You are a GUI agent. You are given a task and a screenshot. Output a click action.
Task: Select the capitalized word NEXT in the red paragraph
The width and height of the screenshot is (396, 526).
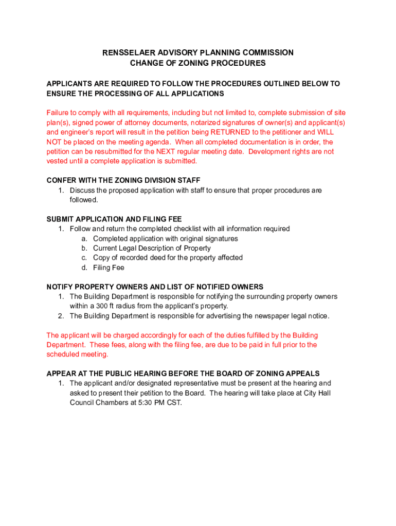coord(167,152)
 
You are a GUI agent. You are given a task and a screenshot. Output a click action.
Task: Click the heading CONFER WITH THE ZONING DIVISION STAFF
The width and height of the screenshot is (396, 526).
coord(123,180)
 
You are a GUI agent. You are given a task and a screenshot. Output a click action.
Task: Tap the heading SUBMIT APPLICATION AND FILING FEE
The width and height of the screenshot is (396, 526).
coord(114,219)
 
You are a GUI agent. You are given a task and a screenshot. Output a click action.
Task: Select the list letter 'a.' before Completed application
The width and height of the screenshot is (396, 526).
coord(84,238)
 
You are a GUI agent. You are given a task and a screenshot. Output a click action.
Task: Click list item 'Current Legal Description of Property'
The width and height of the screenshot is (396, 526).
coord(152,248)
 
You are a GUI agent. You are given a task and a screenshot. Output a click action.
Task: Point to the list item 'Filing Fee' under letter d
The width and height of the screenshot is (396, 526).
coord(109,268)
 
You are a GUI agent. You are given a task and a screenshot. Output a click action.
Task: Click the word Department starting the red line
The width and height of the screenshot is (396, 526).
coord(65,345)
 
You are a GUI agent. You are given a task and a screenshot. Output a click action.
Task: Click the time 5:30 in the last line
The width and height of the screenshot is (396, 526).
coord(137,403)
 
